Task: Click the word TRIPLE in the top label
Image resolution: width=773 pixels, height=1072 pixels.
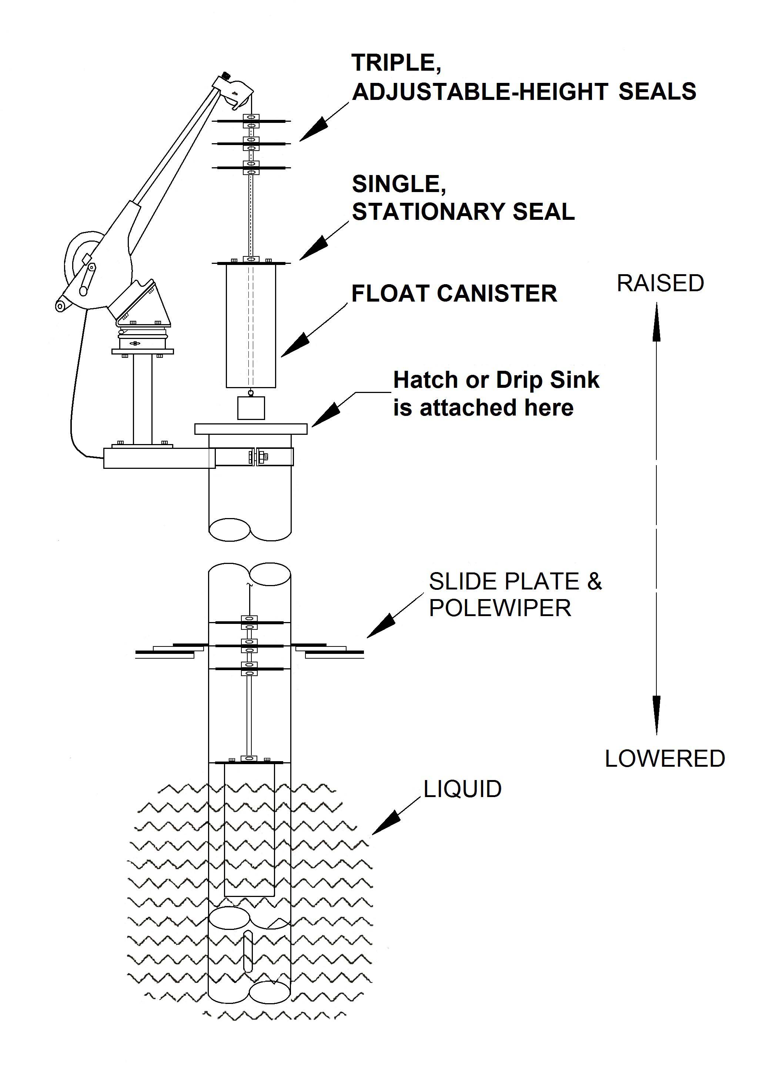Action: [396, 63]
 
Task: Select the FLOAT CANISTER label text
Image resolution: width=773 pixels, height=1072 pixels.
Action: [454, 293]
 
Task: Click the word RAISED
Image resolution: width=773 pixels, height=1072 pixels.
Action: [660, 283]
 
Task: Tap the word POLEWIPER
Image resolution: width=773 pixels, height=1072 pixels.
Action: [500, 608]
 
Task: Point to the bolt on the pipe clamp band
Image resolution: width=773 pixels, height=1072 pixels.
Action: [258, 457]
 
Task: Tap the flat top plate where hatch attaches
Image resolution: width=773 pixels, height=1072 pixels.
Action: [251, 429]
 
